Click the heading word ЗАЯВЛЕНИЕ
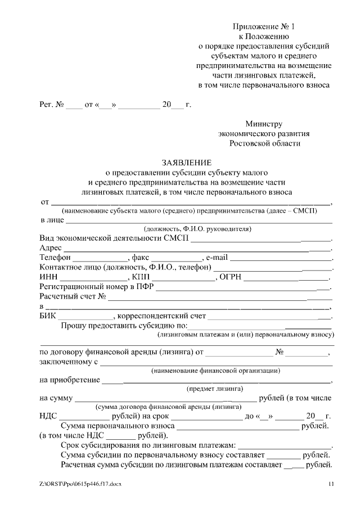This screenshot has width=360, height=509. [x=186, y=162]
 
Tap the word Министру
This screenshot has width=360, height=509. [x=264, y=124]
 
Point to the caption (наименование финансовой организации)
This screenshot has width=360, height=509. [x=216, y=371]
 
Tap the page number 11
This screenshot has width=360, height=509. [x=331, y=484]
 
